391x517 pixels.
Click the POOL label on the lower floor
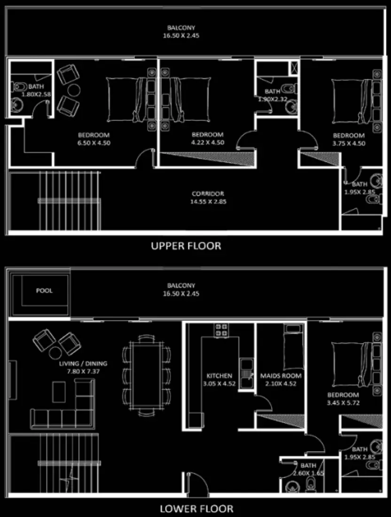[x=44, y=290]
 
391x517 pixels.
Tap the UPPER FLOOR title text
[x=186, y=246]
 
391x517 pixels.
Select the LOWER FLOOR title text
[x=196, y=509]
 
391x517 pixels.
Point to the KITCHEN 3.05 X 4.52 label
[x=219, y=379]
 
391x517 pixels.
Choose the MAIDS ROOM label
[x=281, y=376]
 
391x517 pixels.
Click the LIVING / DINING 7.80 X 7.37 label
[x=83, y=367]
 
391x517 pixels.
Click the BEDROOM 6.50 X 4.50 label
[x=94, y=139]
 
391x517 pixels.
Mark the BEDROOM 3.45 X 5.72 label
[x=343, y=399]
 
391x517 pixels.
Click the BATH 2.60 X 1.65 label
[x=308, y=470]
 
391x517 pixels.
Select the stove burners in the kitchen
[x=221, y=329]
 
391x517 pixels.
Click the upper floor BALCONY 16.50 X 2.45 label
[x=181, y=31]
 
